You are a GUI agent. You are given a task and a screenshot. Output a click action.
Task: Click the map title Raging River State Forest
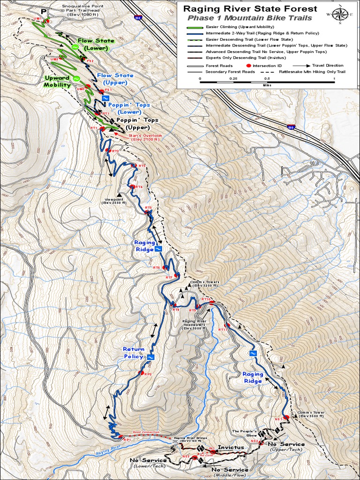[250, 9]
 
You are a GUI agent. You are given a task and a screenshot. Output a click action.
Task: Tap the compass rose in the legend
[340, 14]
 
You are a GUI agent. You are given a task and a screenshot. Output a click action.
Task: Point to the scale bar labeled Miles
[267, 82]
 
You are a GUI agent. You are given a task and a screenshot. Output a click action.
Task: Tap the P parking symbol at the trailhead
[44, 11]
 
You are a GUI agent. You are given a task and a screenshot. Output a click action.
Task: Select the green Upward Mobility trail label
[57, 82]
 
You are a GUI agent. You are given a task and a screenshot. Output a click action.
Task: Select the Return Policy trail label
[133, 353]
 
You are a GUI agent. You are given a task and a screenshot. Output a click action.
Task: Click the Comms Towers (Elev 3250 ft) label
[205, 284]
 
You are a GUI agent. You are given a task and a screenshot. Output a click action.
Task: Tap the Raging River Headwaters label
[195, 324]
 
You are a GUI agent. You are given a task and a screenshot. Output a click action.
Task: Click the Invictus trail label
[231, 447]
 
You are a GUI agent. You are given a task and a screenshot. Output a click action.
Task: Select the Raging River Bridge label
[190, 440]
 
